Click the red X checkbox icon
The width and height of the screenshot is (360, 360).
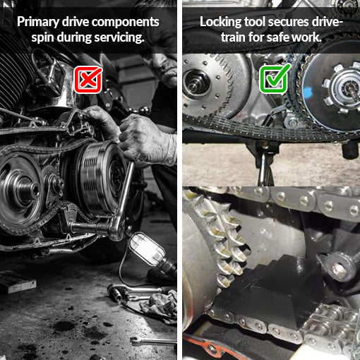88,80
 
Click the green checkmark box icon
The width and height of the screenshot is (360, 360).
275,78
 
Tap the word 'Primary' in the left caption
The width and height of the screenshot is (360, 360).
38,23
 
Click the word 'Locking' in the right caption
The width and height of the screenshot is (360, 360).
221,23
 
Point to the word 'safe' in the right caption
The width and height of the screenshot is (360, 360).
277,37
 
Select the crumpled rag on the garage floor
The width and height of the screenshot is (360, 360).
160,304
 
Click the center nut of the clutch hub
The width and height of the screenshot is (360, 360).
348,90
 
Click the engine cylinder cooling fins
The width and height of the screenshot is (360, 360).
14,78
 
